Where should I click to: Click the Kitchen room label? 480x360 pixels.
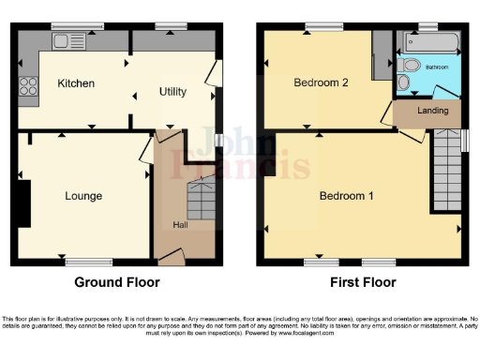tap(76, 83)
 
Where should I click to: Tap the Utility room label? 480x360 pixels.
tap(172, 92)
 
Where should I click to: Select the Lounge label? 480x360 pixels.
tap(83, 196)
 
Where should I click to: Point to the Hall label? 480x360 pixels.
tap(180, 224)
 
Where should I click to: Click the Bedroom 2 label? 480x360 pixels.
tap(321, 82)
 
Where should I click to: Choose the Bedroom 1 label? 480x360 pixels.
tap(346, 196)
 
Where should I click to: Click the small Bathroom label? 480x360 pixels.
tap(437, 67)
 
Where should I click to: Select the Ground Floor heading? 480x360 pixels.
tap(116, 282)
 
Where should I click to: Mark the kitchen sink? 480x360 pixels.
tap(68, 40)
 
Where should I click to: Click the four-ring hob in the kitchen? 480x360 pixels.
tap(28, 86)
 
